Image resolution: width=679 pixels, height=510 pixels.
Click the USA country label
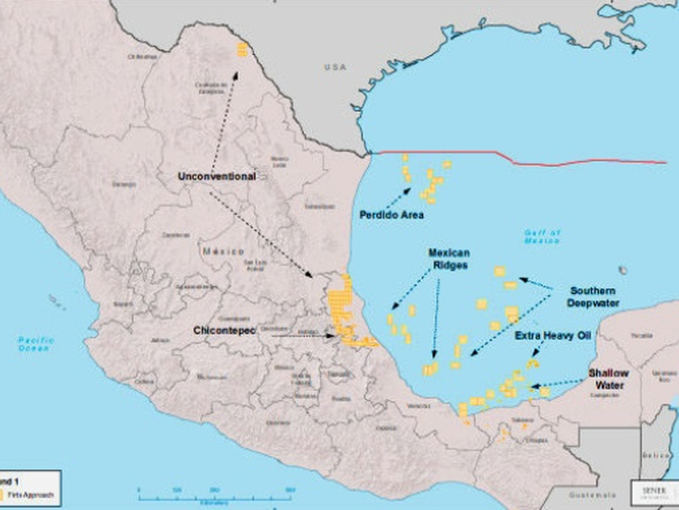tap(335, 67)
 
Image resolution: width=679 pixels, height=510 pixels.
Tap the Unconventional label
tap(217, 176)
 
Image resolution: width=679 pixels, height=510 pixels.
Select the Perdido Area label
tap(392, 215)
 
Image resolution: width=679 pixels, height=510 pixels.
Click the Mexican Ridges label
tap(448, 259)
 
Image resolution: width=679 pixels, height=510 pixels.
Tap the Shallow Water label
tap(608, 379)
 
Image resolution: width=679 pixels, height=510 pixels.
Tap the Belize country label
tap(658, 455)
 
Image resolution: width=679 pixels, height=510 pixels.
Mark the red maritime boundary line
tap(521, 155)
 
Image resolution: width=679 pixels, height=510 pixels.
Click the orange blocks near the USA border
tap(243, 49)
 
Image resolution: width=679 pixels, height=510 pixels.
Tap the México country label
tap(223, 251)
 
